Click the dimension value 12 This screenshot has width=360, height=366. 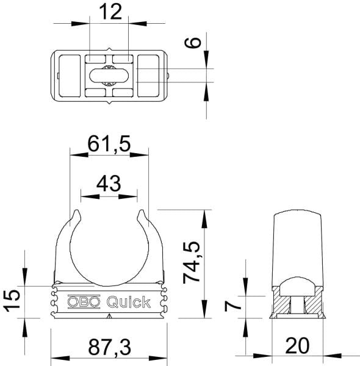click(x=110, y=12)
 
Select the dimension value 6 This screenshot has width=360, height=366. click(x=192, y=43)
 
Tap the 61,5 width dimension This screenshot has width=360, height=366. click(x=109, y=144)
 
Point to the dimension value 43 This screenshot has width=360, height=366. click(x=109, y=184)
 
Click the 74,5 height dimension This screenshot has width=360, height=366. click(x=192, y=262)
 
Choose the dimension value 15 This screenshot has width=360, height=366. click(x=12, y=301)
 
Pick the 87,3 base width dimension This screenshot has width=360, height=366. click(x=109, y=348)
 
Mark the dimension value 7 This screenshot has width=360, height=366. click(x=232, y=306)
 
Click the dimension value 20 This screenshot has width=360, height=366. click(x=297, y=346)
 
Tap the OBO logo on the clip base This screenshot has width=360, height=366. click(x=84, y=302)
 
